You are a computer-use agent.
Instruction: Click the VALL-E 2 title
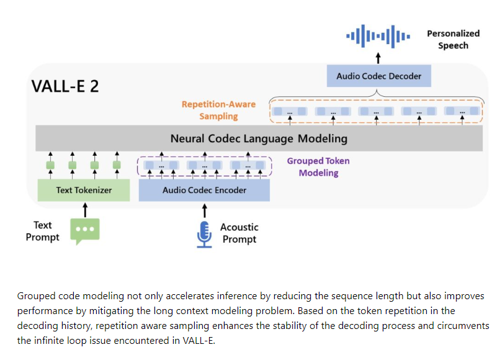click(x=65, y=86)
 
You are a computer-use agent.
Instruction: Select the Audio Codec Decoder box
click(x=378, y=76)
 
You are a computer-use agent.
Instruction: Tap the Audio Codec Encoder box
click(x=204, y=190)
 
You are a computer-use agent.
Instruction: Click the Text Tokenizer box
click(x=84, y=190)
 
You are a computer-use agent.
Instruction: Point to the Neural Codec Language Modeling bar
click(x=259, y=138)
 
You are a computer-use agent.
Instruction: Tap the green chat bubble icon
click(x=84, y=231)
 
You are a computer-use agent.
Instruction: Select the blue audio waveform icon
click(x=378, y=36)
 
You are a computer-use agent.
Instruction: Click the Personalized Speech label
click(x=453, y=40)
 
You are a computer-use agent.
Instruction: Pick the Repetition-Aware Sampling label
click(x=210, y=110)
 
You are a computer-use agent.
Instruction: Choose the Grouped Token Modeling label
click(x=318, y=167)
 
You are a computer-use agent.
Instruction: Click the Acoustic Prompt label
click(x=239, y=233)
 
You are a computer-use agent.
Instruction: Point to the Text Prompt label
click(x=43, y=231)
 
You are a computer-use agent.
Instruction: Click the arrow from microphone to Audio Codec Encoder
click(x=204, y=210)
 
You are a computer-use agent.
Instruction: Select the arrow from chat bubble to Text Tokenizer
click(x=84, y=210)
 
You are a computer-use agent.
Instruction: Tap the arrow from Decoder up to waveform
click(x=378, y=58)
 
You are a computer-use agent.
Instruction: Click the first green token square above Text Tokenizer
click(x=51, y=166)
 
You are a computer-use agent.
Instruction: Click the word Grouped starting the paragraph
click(x=34, y=296)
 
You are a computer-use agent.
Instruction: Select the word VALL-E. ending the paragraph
click(x=199, y=341)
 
